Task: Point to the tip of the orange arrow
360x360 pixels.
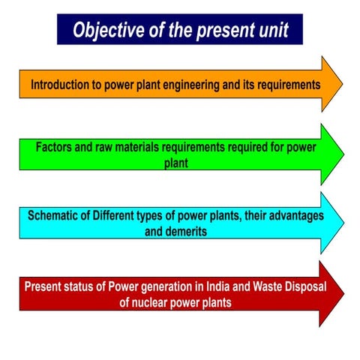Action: pyautogui.click(x=342, y=83)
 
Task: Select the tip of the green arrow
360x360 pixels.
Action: pyautogui.click(x=343, y=154)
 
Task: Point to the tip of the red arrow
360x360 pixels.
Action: pyautogui.click(x=343, y=293)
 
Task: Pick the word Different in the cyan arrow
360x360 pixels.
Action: pyautogui.click(x=122, y=215)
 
